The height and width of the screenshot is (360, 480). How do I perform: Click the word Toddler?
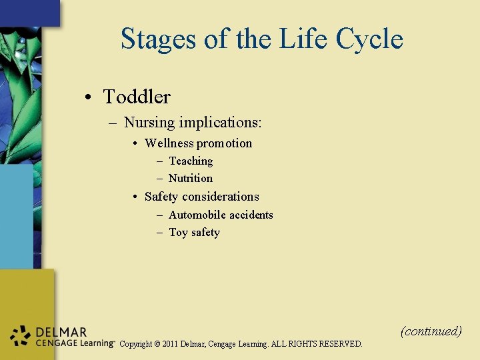[x=137, y=97]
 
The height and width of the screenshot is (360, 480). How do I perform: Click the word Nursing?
[x=149, y=123]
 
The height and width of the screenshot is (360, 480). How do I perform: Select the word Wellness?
[x=169, y=143]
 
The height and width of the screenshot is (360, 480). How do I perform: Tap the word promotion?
[x=225, y=143]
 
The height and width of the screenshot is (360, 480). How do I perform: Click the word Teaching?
[x=191, y=161]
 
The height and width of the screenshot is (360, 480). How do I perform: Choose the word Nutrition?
[x=191, y=178]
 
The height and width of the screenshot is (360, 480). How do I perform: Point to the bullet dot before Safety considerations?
[x=135, y=197]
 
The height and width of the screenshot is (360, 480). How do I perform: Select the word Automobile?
[x=195, y=215]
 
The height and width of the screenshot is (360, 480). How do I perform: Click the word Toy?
[x=178, y=232]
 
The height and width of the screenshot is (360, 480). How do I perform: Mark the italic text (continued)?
[x=431, y=331]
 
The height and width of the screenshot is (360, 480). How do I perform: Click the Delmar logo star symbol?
[x=21, y=336]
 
